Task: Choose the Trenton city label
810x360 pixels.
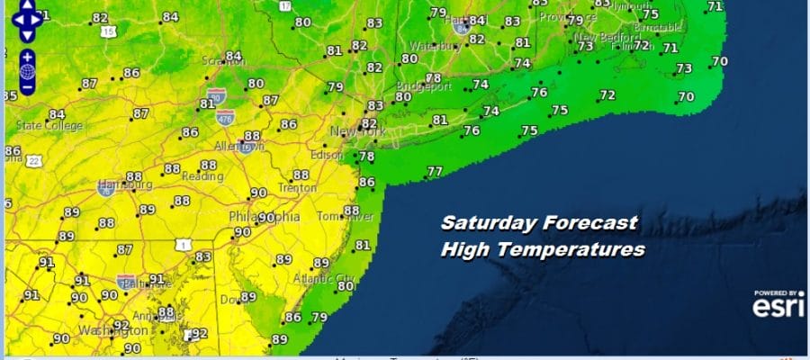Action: click(x=298, y=188)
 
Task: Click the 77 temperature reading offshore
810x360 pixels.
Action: click(x=435, y=172)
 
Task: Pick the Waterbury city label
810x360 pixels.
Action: click(x=434, y=45)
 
